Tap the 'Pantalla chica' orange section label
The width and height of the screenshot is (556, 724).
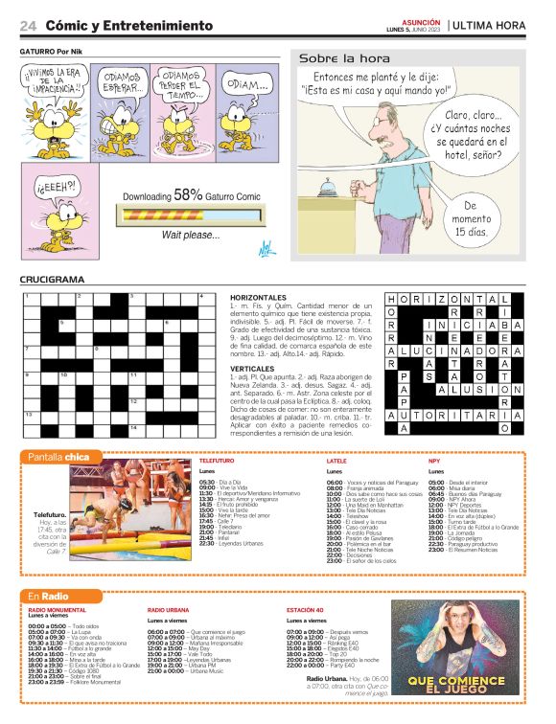[x=58, y=457]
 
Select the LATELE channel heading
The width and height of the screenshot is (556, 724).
[x=336, y=461]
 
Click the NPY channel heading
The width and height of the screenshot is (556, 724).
[x=434, y=461]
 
